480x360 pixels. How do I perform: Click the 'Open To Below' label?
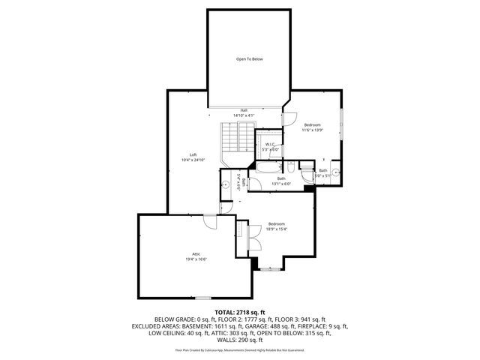coord(250,58)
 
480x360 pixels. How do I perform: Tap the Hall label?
coord(244,110)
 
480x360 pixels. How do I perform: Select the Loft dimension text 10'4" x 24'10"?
coord(193,160)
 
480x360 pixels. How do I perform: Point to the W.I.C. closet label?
coord(270,144)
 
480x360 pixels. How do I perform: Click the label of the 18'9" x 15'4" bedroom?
coord(277,224)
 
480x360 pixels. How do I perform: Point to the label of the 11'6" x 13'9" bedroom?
coord(313,124)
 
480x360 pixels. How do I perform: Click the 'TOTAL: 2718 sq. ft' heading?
coord(240,311)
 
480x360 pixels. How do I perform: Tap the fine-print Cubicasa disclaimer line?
coord(240,349)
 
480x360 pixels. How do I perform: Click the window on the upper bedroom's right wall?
coord(342,120)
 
